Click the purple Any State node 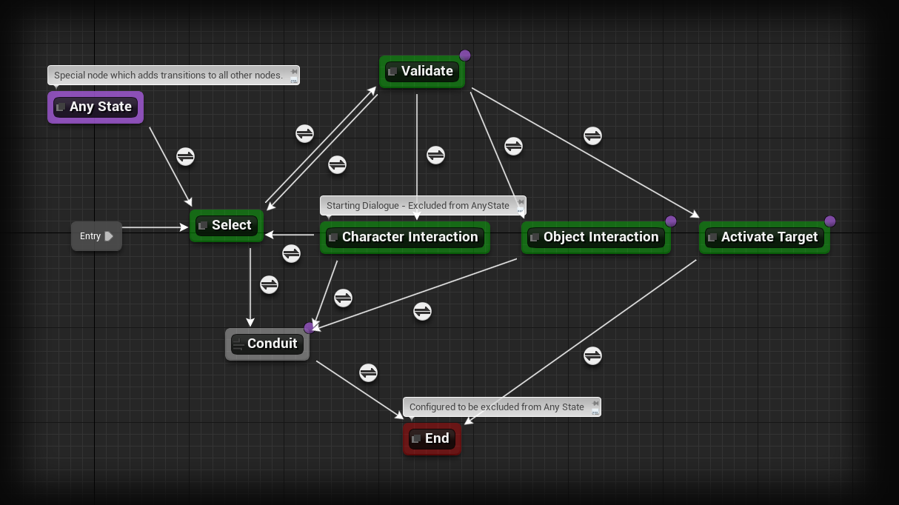(x=96, y=107)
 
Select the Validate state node (x=422, y=72)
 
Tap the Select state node (x=227, y=226)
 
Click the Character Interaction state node (x=404, y=238)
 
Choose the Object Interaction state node (x=595, y=238)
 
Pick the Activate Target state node (x=764, y=238)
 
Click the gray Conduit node (x=267, y=344)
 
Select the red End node (x=432, y=439)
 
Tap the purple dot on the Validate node (x=465, y=56)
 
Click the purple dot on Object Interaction (x=671, y=221)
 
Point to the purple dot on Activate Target (x=830, y=221)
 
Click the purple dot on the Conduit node (x=310, y=328)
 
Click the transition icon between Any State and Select (x=185, y=156)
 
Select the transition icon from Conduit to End (x=368, y=372)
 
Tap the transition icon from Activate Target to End (x=592, y=355)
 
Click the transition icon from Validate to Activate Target (x=592, y=136)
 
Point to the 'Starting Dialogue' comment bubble (x=418, y=206)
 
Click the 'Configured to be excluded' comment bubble (x=497, y=407)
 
